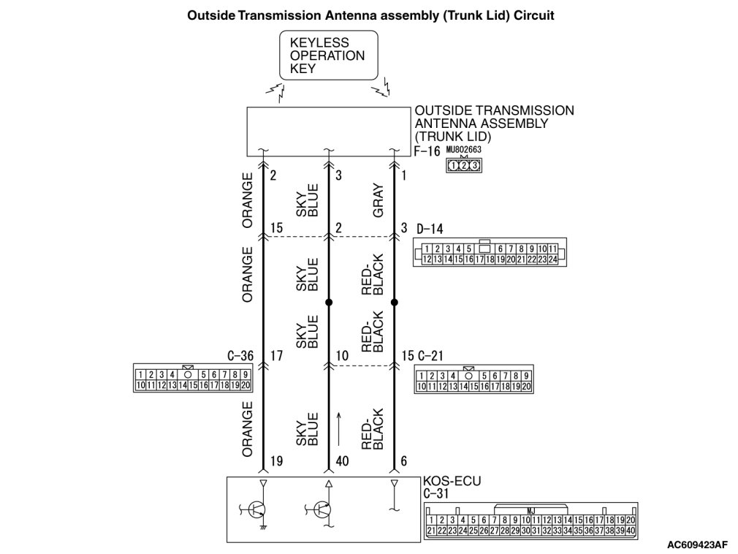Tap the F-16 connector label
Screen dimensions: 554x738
pos(427,153)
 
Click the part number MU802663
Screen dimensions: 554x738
pos(464,150)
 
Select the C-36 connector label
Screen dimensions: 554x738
pos(240,356)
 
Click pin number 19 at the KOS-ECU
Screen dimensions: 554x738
pos(276,462)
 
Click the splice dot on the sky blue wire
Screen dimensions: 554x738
pos(329,302)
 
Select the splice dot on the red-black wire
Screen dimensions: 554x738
pos(395,302)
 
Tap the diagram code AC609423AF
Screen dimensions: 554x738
pos(697,544)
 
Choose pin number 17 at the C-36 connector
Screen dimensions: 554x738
pos(275,356)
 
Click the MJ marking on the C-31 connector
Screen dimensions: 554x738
pos(530,509)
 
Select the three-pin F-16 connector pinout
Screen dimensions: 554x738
pos(464,165)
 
